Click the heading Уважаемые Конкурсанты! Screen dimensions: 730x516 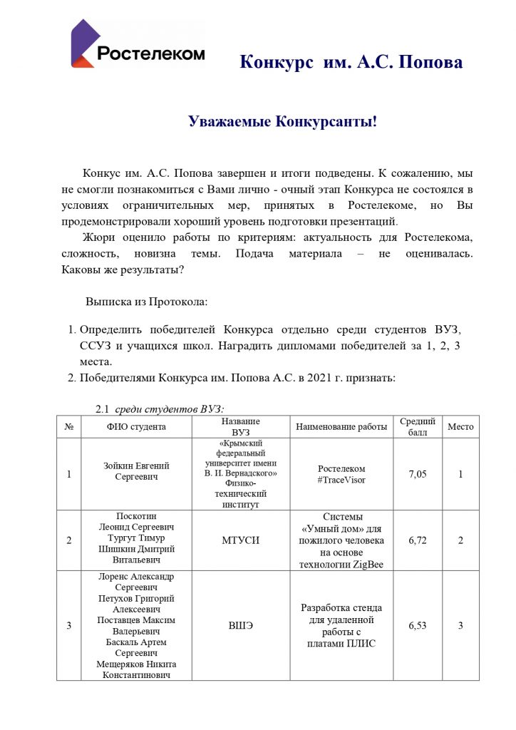pyautogui.click(x=282, y=121)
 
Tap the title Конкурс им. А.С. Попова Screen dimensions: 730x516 pyautogui.click(x=351, y=62)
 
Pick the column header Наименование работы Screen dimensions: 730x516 pyautogui.click(x=341, y=426)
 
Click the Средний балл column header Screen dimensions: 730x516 pyautogui.click(x=417, y=426)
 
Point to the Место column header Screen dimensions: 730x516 pyautogui.click(x=460, y=426)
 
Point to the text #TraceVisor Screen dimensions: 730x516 pyautogui.click(x=341, y=480)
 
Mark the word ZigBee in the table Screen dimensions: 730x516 pyautogui.click(x=367, y=565)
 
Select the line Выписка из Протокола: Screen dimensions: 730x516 pyautogui.click(x=146, y=302)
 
